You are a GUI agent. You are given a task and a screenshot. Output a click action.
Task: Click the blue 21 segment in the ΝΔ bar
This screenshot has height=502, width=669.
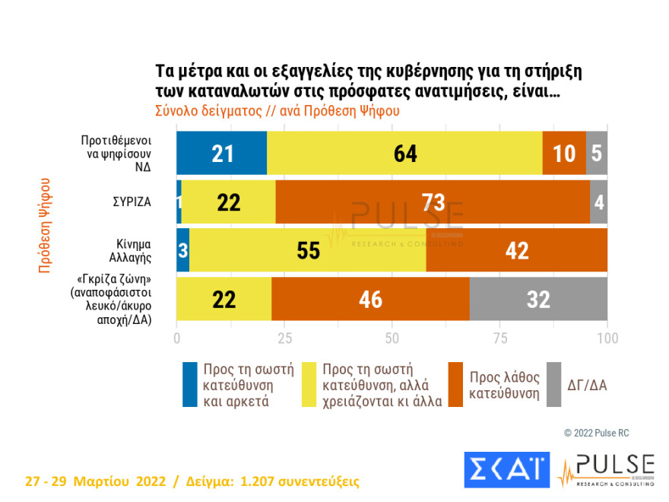221,153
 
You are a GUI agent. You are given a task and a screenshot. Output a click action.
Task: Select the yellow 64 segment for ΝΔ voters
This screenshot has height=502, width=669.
404,153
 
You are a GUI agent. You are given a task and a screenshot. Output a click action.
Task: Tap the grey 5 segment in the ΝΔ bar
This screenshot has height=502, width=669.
597,153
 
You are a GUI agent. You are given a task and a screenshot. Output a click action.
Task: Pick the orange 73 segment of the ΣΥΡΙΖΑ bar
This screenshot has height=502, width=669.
433,202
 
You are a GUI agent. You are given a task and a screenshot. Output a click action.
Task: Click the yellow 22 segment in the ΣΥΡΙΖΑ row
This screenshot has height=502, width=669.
229,202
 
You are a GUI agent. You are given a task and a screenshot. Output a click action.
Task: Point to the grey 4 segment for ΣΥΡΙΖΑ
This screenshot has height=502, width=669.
598,202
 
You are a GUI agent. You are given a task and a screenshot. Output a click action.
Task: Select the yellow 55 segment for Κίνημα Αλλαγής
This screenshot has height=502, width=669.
308,250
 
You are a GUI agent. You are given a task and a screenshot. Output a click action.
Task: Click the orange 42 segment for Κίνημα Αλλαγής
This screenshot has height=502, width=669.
517,250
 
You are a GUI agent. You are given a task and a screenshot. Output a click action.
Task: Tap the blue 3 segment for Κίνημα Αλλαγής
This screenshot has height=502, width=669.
183,250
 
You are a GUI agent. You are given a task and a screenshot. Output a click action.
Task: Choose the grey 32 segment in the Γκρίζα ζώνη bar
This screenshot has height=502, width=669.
538,299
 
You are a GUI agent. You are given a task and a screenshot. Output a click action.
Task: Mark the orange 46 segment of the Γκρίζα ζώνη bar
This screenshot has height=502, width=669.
370,299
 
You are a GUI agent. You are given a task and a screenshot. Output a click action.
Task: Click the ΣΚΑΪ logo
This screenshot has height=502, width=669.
506,469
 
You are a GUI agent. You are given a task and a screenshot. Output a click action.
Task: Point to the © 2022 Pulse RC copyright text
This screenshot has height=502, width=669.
596,433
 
